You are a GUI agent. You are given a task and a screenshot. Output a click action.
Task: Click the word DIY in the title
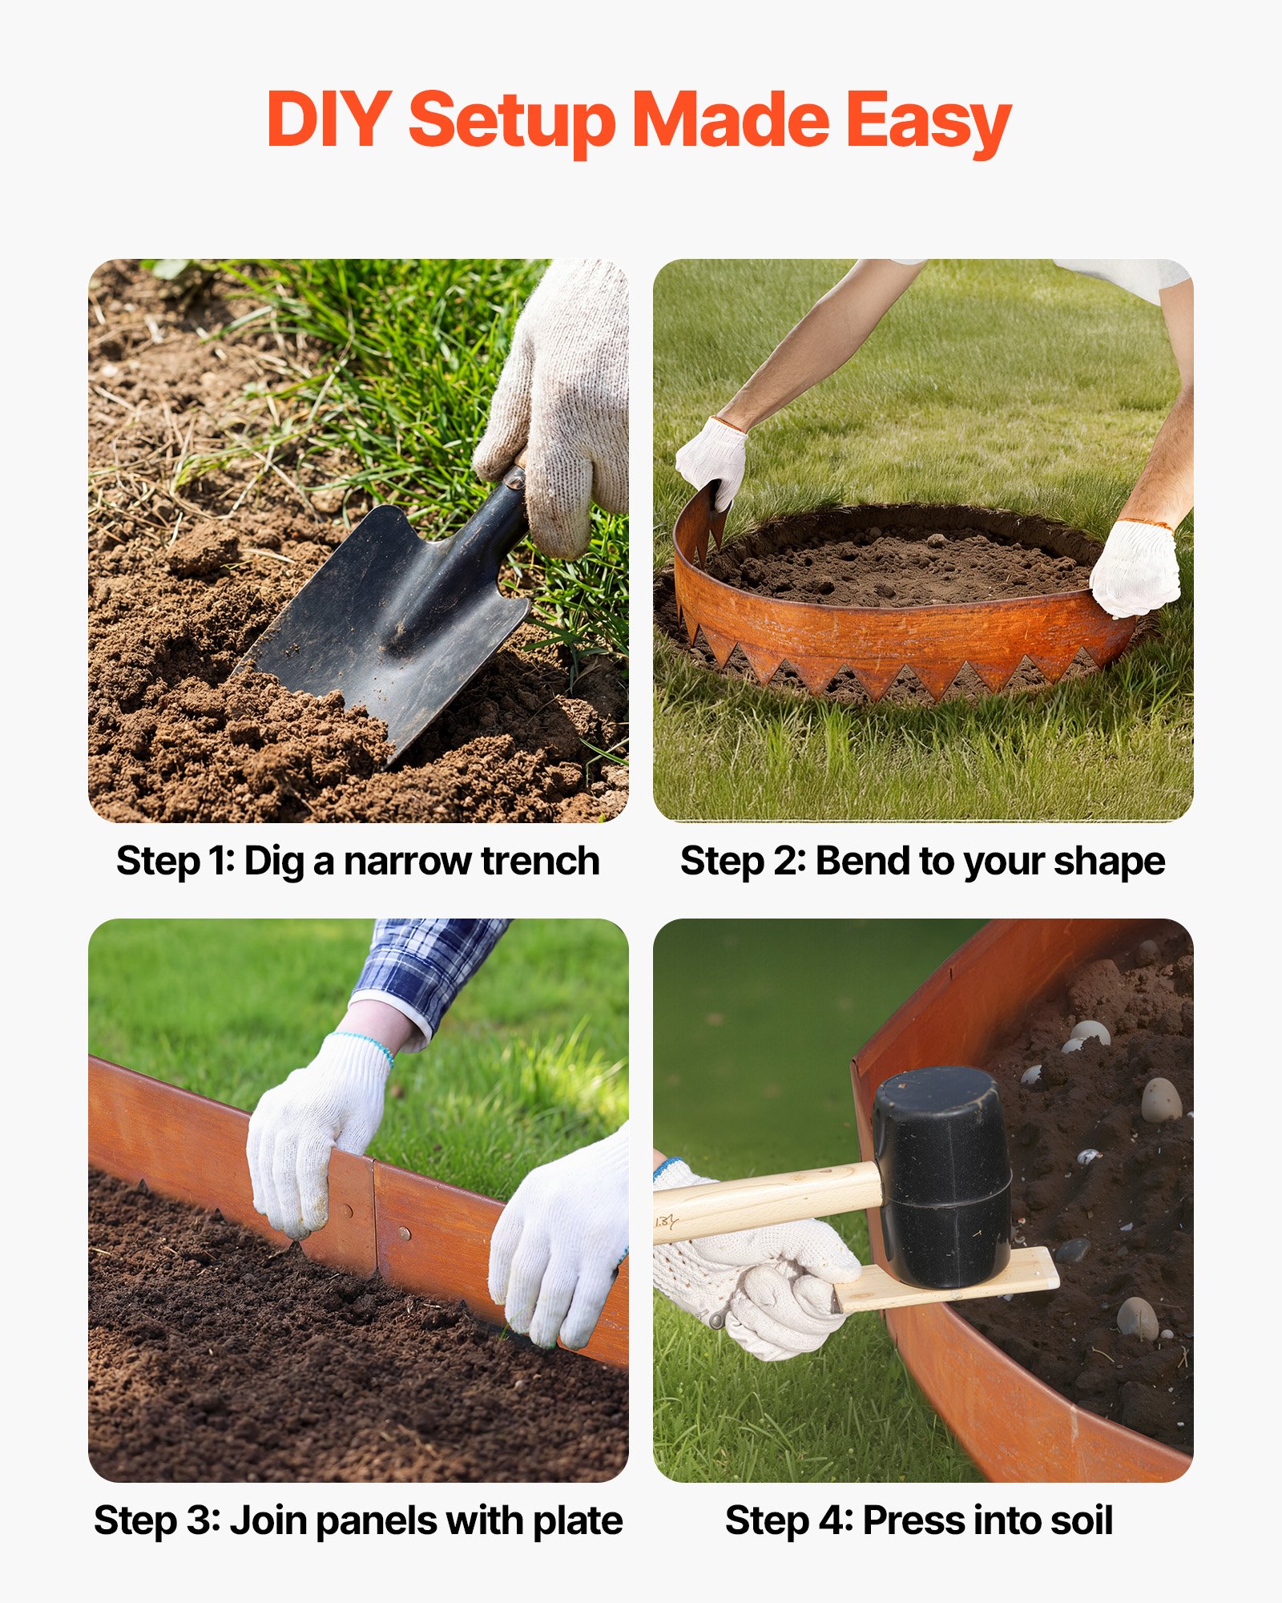pyautogui.click(x=329, y=120)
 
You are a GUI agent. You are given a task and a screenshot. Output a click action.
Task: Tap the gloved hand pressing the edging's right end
pyautogui.click(x=1134, y=569)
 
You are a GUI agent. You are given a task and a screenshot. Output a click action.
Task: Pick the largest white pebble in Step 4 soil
pyautogui.click(x=1161, y=1100)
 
